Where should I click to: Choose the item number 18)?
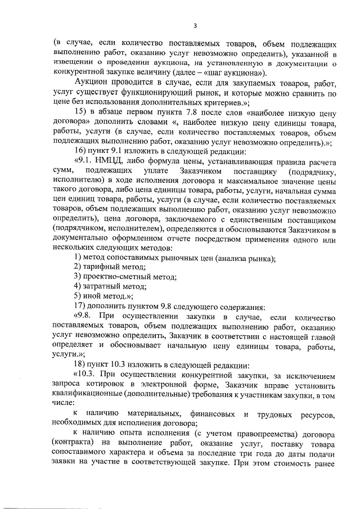point(81,365)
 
